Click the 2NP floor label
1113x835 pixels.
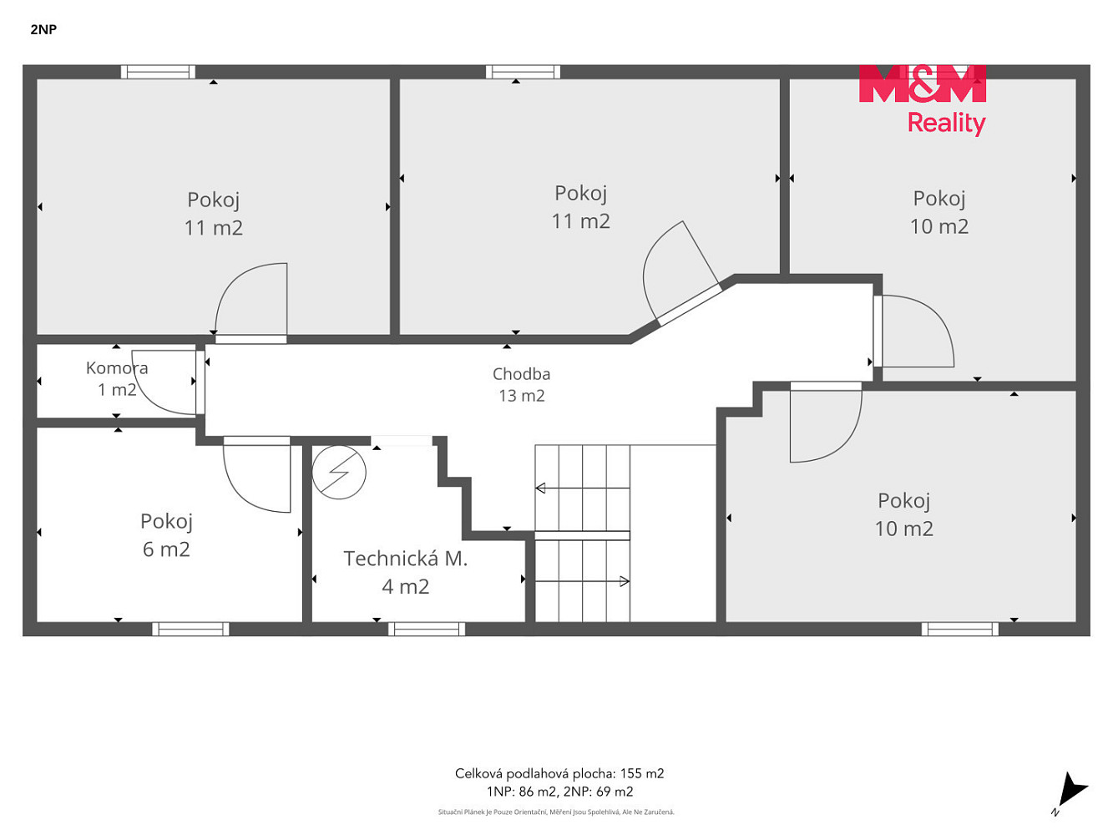click(43, 29)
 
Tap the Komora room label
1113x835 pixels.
click(117, 367)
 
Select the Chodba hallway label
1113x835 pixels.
click(521, 373)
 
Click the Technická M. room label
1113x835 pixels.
click(405, 558)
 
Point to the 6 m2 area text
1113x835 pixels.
click(166, 549)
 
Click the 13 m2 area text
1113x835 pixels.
click(521, 396)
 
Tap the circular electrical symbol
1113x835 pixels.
click(339, 472)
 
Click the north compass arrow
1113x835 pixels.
click(1072, 792)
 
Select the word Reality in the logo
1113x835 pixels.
click(946, 124)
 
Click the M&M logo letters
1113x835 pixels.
click(923, 83)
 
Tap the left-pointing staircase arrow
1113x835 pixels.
click(583, 488)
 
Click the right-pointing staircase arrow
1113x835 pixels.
click(583, 581)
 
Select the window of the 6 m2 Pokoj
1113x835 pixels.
click(190, 629)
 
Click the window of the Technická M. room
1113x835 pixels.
click(427, 629)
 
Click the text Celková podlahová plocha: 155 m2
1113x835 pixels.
click(559, 773)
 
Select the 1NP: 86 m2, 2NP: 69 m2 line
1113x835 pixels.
click(559, 792)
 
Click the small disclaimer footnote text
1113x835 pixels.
click(556, 812)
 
